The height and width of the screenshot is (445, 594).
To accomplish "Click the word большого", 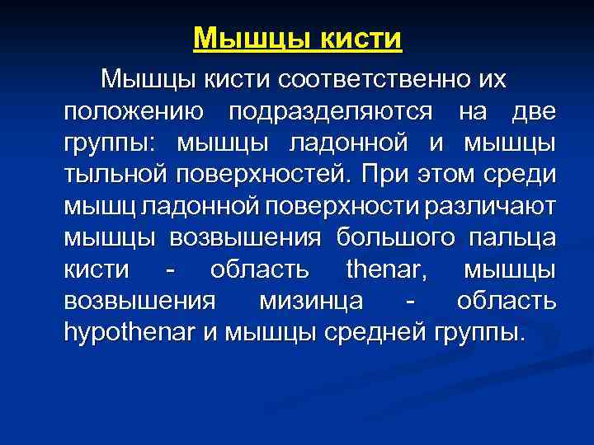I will [x=395, y=238].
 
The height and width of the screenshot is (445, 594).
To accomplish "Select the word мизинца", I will [x=313, y=302].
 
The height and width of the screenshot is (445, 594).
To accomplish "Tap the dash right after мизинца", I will [x=410, y=302].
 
